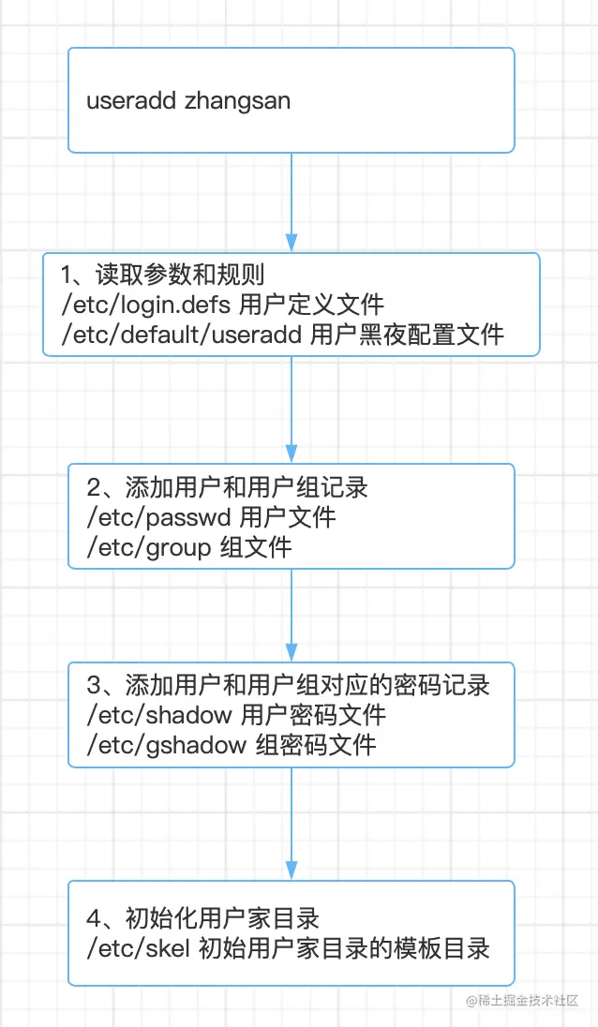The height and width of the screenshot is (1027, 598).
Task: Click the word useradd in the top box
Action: tap(131, 101)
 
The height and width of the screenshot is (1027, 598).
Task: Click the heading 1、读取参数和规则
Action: tap(163, 275)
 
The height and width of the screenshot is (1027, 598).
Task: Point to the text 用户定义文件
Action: tap(312, 305)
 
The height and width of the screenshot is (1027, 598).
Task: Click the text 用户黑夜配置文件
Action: tap(407, 334)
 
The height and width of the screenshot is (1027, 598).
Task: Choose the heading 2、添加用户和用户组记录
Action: tap(227, 487)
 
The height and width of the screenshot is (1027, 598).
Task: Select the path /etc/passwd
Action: tap(158, 516)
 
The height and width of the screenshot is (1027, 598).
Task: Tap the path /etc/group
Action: tap(148, 546)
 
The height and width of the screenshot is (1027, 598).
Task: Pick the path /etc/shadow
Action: tap(158, 715)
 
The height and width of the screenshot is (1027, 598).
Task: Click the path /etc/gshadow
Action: tap(166, 745)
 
